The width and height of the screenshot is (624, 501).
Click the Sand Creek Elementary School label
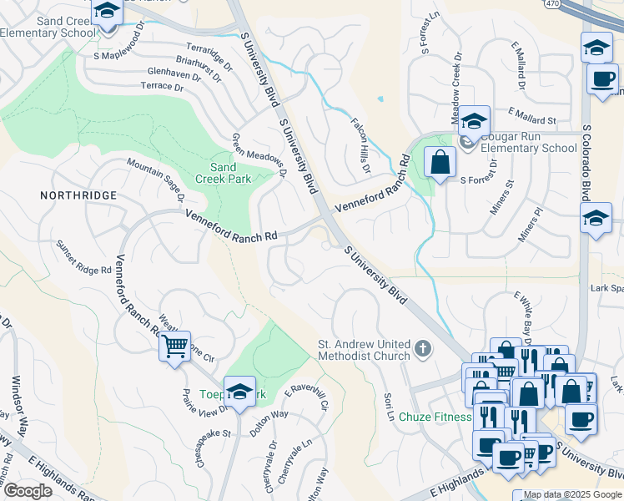pyautogui.click(x=51, y=26)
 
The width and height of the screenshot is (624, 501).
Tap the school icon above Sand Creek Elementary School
pyautogui.click(x=107, y=12)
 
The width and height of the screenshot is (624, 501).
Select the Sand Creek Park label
pyautogui.click(x=223, y=170)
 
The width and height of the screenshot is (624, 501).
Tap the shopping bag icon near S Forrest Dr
pyautogui.click(x=440, y=162)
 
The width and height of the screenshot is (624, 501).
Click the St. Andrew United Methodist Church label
pyautogui.click(x=364, y=350)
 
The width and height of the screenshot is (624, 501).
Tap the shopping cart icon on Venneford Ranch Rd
pyautogui.click(x=174, y=345)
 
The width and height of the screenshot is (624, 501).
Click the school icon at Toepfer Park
pyautogui.click(x=239, y=392)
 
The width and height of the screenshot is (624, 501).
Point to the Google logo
pyautogui.click(x=28, y=491)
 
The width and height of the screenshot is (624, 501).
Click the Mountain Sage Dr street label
pyautogui.click(x=155, y=182)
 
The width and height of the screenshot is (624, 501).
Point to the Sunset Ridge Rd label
pyautogui.click(x=83, y=257)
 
